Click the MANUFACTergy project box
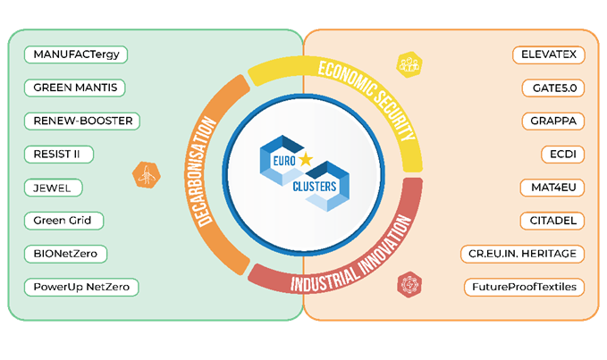point(77,54)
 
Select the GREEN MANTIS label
point(75,88)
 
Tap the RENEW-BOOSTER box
point(82,121)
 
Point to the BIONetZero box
point(66,254)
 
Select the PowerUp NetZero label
point(82,288)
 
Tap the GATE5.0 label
point(552,88)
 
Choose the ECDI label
point(562,154)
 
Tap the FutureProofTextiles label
point(525,288)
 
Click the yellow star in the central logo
point(307,160)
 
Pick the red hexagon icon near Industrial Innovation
point(410,285)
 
